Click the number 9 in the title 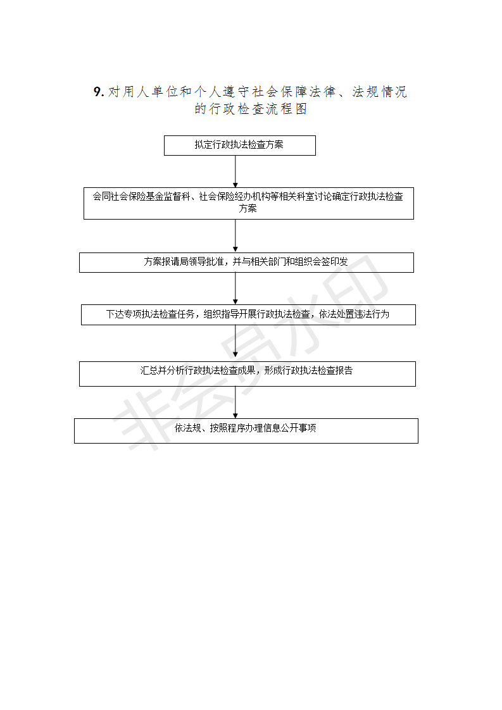click(97, 92)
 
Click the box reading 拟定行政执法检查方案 click(240, 146)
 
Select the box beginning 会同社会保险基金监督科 click(249, 203)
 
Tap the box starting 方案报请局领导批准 click(246, 263)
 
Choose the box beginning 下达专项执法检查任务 click(248, 315)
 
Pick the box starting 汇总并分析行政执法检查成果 click(248, 374)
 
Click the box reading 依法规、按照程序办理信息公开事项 click(246, 430)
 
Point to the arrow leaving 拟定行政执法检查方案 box click(235, 171)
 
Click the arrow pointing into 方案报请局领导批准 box click(235, 236)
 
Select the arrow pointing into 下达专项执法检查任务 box click(235, 289)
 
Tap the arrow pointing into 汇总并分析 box click(235, 343)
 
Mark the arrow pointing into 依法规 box click(235, 402)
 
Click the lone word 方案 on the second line click(248, 208)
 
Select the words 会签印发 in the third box click(330, 261)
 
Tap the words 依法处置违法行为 click(354, 314)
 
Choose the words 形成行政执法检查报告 click(308, 370)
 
